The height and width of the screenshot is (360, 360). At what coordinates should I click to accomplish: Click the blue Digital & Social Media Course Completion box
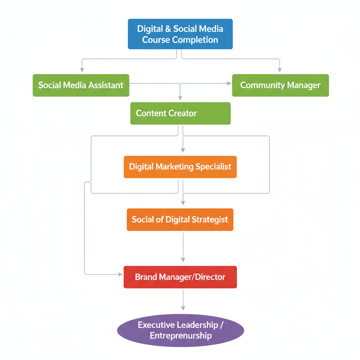pyautogui.click(x=180, y=34)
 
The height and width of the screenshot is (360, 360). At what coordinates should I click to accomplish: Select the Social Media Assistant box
pyautogui.click(x=81, y=85)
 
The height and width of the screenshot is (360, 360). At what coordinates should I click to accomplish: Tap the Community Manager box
pyautogui.click(x=281, y=85)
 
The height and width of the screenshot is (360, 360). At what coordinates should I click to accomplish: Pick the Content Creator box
pyautogui.click(x=180, y=113)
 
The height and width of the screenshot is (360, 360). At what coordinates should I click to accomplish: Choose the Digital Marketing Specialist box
pyautogui.click(x=180, y=167)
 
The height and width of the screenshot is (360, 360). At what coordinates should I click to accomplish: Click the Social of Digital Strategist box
pyautogui.click(x=180, y=220)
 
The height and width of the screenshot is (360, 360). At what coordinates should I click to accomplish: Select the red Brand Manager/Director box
pyautogui.click(x=180, y=277)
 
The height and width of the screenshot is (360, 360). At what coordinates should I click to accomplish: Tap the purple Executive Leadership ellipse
pyautogui.click(x=180, y=330)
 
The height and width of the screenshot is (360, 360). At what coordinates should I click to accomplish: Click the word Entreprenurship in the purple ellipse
pyautogui.click(x=181, y=336)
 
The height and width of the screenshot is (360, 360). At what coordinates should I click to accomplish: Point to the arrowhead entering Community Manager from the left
pyautogui.click(x=229, y=83)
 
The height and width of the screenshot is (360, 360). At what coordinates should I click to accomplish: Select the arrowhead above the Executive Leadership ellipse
pyautogui.click(x=183, y=308)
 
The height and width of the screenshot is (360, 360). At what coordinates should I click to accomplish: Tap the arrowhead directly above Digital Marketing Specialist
pyautogui.click(x=183, y=150)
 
